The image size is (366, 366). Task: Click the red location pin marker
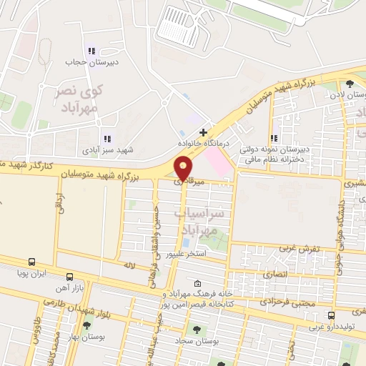(184, 168)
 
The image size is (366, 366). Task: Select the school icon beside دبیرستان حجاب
(90, 51)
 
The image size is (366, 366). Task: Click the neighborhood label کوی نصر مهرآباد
(79, 99)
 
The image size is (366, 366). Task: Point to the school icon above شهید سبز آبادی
(107, 139)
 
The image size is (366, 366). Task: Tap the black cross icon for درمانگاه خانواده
(204, 132)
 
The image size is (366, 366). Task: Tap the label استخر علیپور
(186, 254)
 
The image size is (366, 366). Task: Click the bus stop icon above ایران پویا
(32, 262)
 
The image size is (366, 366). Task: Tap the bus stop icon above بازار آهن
(69, 277)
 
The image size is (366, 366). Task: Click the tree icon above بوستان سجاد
(196, 330)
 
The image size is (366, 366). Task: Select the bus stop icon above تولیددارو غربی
(330, 315)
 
